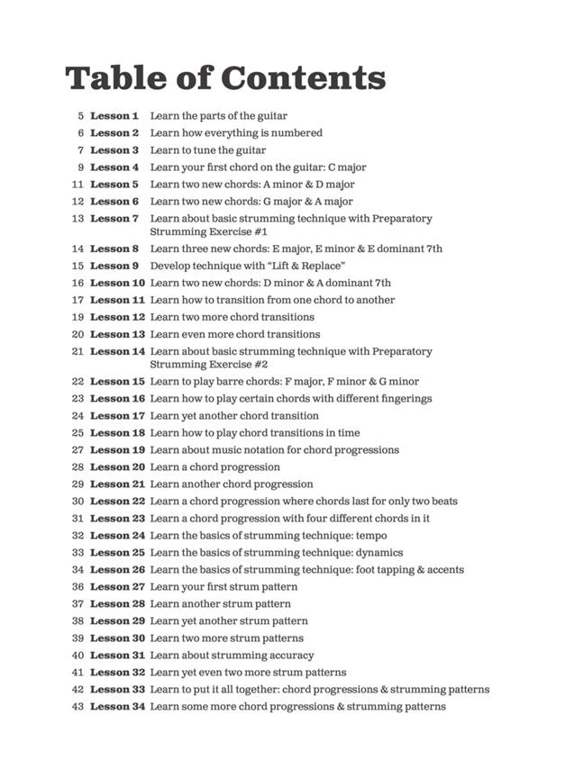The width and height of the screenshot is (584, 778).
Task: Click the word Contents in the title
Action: pos(303,77)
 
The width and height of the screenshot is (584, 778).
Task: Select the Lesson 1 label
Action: pos(114,116)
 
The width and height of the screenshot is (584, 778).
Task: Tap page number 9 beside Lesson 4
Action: pos(80,167)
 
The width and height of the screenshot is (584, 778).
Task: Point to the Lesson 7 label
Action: pos(114,219)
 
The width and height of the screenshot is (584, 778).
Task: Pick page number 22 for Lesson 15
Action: pos(78,382)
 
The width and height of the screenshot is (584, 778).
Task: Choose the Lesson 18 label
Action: pos(117,433)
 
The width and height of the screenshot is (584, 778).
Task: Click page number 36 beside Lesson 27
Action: pos(78,587)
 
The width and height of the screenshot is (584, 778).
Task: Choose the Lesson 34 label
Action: pos(117,707)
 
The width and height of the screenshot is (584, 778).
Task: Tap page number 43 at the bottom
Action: pos(78,707)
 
